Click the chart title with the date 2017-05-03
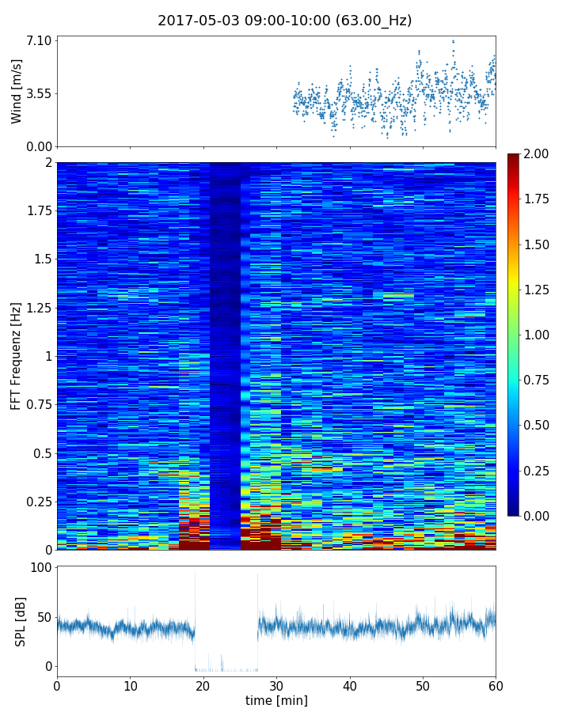tap(284, 21)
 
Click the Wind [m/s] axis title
tap(17, 91)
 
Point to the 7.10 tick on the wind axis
tap(40, 40)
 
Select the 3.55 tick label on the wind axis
tap(40, 93)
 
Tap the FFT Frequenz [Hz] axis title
tap(17, 356)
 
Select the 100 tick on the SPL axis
tap(42, 568)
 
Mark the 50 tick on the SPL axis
tap(45, 617)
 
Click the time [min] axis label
tap(276, 700)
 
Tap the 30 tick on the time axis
tap(276, 684)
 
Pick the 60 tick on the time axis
tap(496, 684)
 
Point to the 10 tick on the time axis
tap(130, 684)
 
